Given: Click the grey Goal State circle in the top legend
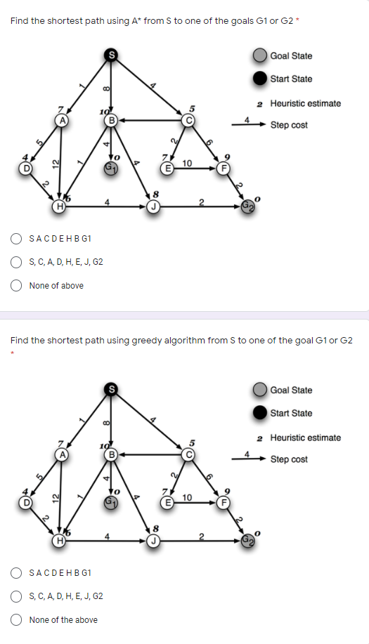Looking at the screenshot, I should pos(260,55).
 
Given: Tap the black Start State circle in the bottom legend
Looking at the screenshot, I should pos(260,413).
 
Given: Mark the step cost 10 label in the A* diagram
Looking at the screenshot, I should pos(187,163).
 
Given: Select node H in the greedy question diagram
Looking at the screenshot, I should pos(61,541).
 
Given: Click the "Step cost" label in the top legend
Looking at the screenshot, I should pos(289,125).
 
